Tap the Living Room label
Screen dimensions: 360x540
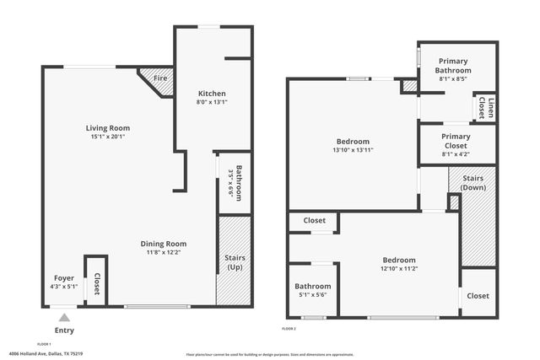click(x=113, y=128)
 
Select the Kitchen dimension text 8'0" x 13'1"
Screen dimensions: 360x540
click(x=212, y=102)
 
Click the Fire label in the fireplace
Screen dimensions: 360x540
click(x=159, y=78)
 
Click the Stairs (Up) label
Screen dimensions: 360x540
click(x=235, y=262)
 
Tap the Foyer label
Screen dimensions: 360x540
click(x=64, y=277)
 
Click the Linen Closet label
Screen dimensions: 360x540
click(x=485, y=108)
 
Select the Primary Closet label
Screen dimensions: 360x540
click(x=456, y=141)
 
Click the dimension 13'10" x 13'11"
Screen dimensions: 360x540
click(x=353, y=150)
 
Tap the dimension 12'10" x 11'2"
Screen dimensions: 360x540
click(x=399, y=269)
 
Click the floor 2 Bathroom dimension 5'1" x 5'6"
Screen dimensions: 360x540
click(x=313, y=294)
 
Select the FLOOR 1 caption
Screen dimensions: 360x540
click(x=44, y=344)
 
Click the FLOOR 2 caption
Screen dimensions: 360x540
click(x=289, y=328)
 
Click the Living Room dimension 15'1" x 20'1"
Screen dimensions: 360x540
click(x=113, y=137)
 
